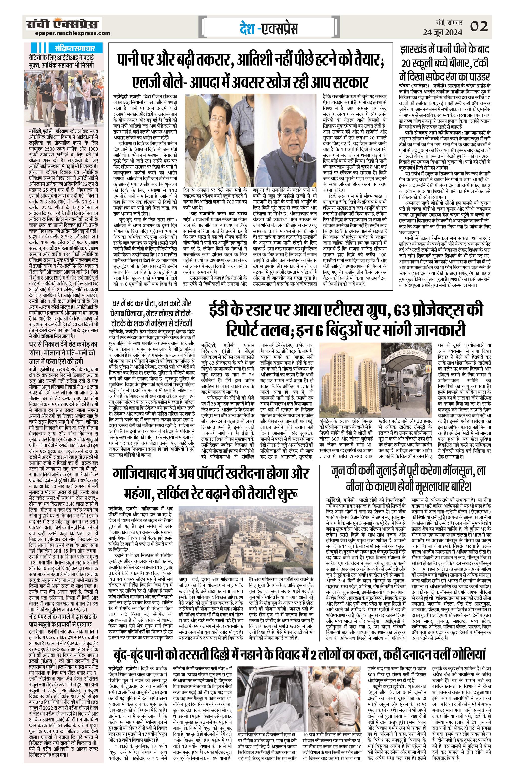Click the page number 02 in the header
point(479,26)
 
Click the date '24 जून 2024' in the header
point(442,32)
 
